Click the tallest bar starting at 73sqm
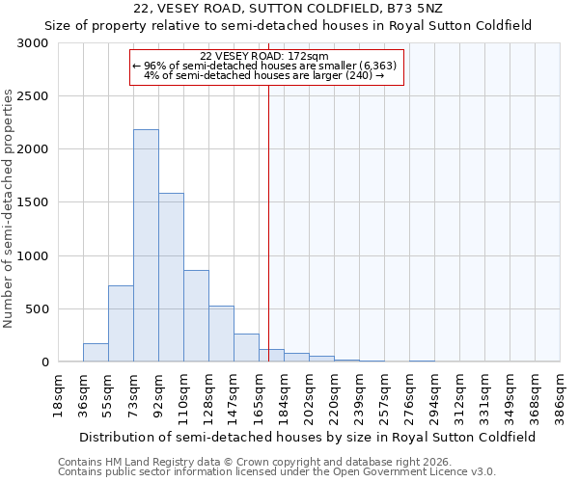pyautogui.click(x=146, y=246)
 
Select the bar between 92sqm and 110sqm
pyautogui.click(x=171, y=278)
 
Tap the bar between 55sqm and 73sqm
pyautogui.click(x=121, y=324)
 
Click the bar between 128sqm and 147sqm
pyautogui.click(x=221, y=334)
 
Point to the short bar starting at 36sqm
pyautogui.click(x=96, y=353)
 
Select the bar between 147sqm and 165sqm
pyautogui.click(x=246, y=348)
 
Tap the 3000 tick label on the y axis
pyautogui.click(x=32, y=43)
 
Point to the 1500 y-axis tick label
pyautogui.click(x=32, y=202)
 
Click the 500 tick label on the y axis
pyautogui.click(x=36, y=309)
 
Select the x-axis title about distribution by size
pyautogui.click(x=309, y=437)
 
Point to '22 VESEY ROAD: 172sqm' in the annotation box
pyautogui.click(x=265, y=57)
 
